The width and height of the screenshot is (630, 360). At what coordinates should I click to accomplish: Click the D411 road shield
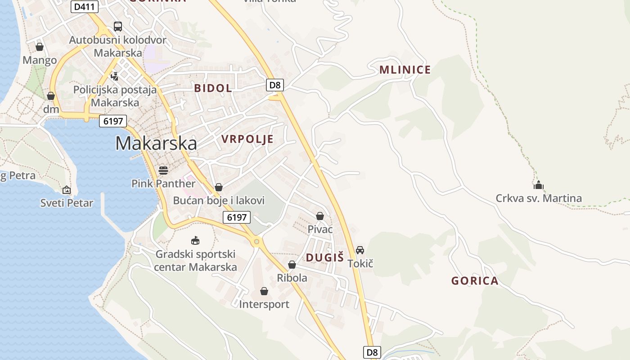(85, 7)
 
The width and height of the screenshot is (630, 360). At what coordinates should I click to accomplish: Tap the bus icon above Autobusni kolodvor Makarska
(118, 27)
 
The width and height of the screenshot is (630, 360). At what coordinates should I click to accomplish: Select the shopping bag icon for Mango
(40, 47)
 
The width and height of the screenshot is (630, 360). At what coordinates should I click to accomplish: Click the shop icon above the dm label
(51, 96)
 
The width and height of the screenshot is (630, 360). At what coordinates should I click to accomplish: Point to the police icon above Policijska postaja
(115, 76)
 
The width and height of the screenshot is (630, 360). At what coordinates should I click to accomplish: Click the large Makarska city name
(156, 143)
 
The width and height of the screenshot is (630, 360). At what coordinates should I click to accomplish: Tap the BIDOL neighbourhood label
(213, 88)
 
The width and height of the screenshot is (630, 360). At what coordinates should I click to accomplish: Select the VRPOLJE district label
(247, 139)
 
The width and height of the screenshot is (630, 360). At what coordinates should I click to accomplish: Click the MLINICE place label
(405, 70)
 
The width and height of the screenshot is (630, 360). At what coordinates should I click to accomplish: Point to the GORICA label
(475, 281)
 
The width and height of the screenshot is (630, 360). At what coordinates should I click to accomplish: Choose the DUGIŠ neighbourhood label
(324, 257)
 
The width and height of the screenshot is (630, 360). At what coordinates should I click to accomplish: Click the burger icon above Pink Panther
(163, 170)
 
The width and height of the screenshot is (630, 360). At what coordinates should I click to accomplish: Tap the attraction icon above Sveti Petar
(67, 190)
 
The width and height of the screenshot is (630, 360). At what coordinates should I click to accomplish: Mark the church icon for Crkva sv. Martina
(538, 185)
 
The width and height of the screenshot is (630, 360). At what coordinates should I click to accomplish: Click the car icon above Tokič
(360, 250)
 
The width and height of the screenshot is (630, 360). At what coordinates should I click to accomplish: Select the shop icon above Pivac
(320, 216)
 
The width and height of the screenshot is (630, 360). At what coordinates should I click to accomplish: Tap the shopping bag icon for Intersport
(264, 291)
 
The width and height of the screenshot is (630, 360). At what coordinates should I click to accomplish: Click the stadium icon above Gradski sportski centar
(195, 240)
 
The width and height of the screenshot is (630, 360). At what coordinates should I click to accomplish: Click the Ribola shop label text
(292, 278)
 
